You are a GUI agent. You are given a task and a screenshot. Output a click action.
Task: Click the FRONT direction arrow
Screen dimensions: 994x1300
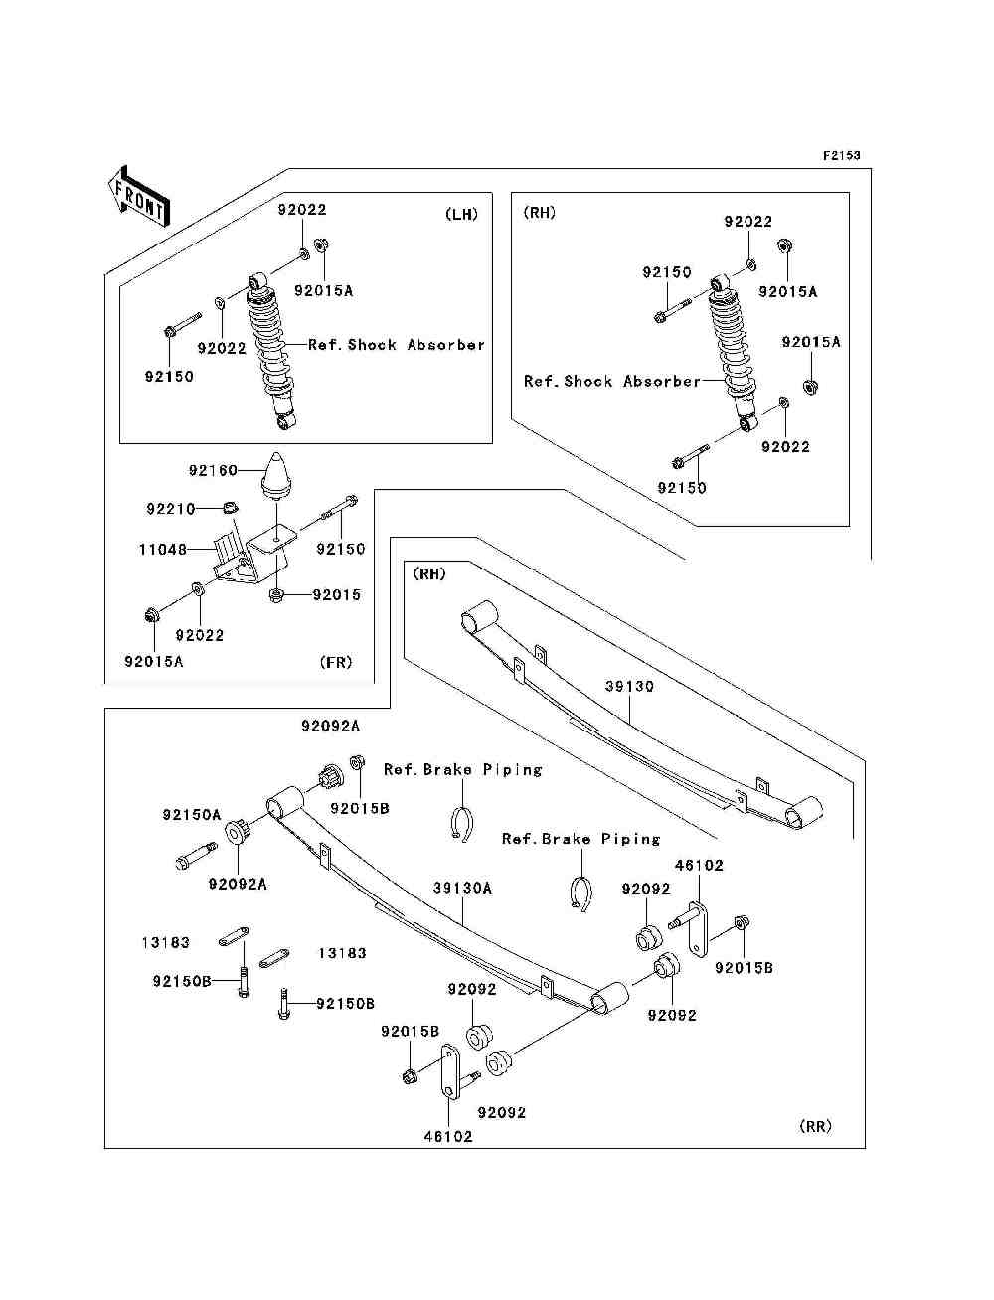click(x=138, y=196)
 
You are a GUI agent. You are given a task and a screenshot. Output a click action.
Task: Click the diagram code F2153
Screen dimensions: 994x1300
click(x=841, y=155)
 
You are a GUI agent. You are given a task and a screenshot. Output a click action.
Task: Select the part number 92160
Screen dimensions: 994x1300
click(x=213, y=470)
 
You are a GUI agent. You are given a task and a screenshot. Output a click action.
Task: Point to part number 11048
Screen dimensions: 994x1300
click(x=163, y=549)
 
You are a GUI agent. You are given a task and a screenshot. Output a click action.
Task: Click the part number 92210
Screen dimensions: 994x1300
click(x=171, y=509)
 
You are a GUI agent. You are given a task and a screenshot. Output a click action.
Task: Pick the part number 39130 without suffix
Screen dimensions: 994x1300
click(x=629, y=686)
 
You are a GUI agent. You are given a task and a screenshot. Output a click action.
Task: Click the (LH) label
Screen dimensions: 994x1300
click(x=461, y=215)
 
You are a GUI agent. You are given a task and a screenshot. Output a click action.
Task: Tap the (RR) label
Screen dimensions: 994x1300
click(x=815, y=1126)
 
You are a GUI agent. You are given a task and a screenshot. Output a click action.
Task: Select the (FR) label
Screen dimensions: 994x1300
click(x=336, y=662)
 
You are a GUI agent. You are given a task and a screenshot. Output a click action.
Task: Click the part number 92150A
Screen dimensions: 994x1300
click(x=192, y=815)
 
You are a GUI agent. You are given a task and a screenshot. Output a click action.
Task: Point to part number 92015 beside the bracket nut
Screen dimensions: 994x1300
click(x=336, y=594)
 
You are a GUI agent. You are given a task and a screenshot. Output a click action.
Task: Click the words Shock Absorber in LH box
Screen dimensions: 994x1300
click(x=416, y=345)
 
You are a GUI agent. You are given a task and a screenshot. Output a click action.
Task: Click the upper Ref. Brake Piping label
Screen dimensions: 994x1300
click(x=462, y=769)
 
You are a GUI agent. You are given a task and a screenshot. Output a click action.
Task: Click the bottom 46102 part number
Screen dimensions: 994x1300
click(x=448, y=1137)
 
